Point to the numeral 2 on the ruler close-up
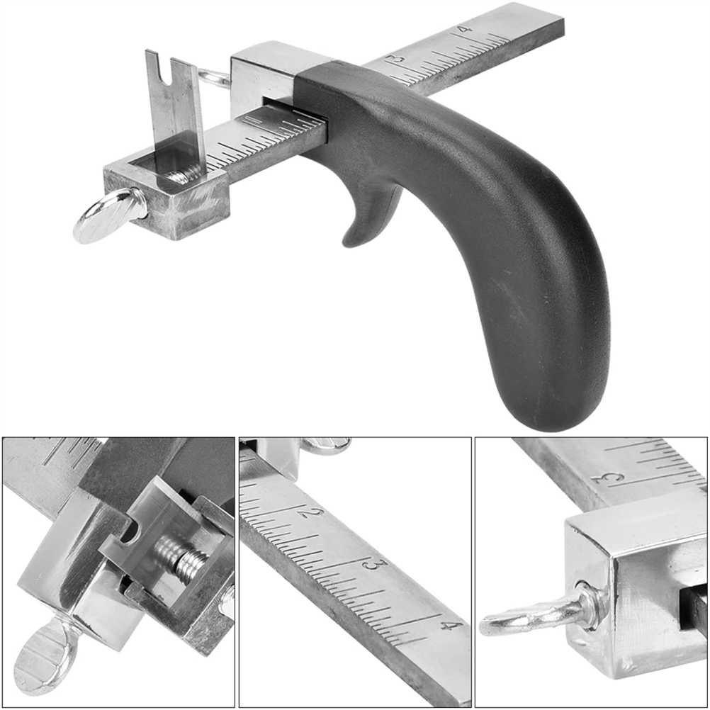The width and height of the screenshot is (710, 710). click(315, 513)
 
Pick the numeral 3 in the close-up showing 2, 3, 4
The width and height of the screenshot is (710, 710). click(381, 565)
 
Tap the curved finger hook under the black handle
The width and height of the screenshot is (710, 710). click(369, 213)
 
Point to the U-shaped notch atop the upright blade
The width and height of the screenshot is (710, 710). click(174, 72)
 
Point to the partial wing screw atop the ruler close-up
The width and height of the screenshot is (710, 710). click(326, 445)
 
